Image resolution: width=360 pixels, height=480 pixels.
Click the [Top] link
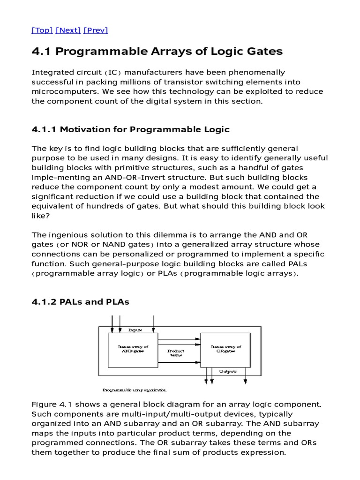(x=42, y=30)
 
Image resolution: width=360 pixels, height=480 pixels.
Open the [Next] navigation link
(x=68, y=30)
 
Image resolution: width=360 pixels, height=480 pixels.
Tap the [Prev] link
(x=96, y=30)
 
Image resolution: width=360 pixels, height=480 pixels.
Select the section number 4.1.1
(x=45, y=129)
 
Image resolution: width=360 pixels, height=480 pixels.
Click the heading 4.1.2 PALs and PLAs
(x=80, y=302)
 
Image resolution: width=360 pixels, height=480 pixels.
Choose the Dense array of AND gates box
(x=133, y=350)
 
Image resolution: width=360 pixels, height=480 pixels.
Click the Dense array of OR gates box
(x=225, y=350)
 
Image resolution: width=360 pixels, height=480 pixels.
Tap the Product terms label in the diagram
(x=176, y=353)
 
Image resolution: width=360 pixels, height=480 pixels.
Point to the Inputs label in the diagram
(x=135, y=330)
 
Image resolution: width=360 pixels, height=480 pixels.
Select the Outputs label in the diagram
(x=228, y=371)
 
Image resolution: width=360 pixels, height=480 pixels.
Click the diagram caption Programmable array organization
(x=135, y=390)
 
